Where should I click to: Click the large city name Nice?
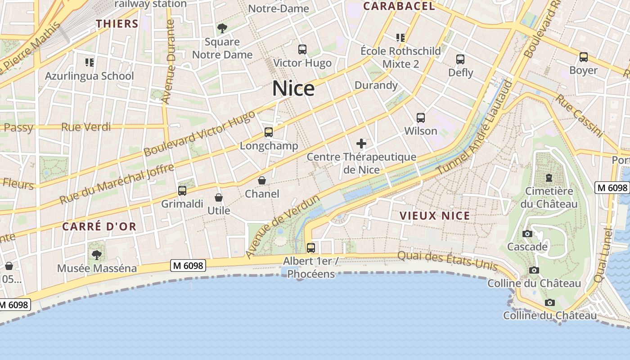(293, 88)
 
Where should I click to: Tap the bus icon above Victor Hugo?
(302, 49)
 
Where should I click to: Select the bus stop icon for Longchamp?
(269, 132)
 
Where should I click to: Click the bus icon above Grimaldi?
(182, 191)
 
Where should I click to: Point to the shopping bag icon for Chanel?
(262, 180)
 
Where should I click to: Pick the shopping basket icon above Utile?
(219, 198)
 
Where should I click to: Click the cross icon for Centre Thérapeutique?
(361, 144)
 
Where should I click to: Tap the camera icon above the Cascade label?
(527, 234)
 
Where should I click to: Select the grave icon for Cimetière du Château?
(549, 178)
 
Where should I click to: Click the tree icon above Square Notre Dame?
(222, 29)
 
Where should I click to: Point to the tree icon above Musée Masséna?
(97, 255)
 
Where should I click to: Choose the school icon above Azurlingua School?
(89, 62)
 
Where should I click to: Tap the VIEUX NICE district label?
(435, 216)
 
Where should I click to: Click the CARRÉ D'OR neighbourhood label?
(99, 226)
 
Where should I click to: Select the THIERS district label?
(117, 24)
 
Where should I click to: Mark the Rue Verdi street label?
(86, 127)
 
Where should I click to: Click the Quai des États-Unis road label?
(447, 261)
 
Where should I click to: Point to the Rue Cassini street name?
(579, 115)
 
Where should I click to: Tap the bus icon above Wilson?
(421, 118)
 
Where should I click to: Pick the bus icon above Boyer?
(584, 57)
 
